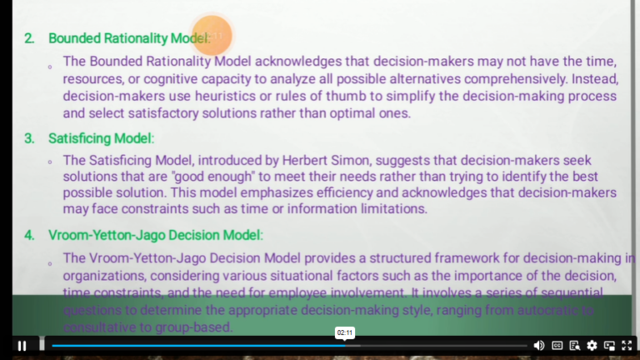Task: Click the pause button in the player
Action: point(22,346)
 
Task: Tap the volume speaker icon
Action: point(538,346)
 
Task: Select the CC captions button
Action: point(557,346)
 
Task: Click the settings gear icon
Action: point(592,346)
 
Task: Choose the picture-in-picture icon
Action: point(610,346)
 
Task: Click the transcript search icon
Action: point(575,346)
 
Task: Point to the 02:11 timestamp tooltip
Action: point(345,332)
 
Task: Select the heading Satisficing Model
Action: point(101,138)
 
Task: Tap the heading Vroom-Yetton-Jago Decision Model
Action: point(155,235)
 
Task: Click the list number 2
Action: point(29,38)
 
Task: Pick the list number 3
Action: point(29,138)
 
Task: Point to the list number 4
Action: point(29,235)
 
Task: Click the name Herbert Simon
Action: point(349,160)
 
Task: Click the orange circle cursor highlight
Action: point(212,35)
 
